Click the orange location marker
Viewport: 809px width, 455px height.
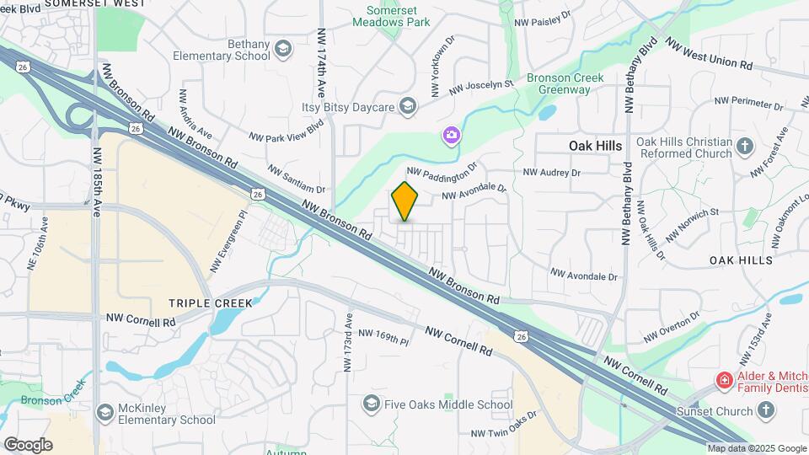pyautogui.click(x=405, y=202)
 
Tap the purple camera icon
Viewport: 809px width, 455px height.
pyautogui.click(x=452, y=135)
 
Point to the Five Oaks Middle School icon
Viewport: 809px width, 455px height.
pyautogui.click(x=371, y=404)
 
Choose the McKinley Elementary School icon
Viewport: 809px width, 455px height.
pyautogui.click(x=104, y=412)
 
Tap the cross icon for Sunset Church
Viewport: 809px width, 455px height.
pyautogui.click(x=765, y=410)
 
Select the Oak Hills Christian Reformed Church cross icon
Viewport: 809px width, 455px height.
pyautogui.click(x=744, y=147)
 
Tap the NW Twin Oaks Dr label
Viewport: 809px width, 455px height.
pyautogui.click(x=504, y=426)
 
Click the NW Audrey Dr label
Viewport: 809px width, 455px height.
pyautogui.click(x=552, y=173)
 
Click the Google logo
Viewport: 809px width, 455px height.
pyautogui.click(x=28, y=445)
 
